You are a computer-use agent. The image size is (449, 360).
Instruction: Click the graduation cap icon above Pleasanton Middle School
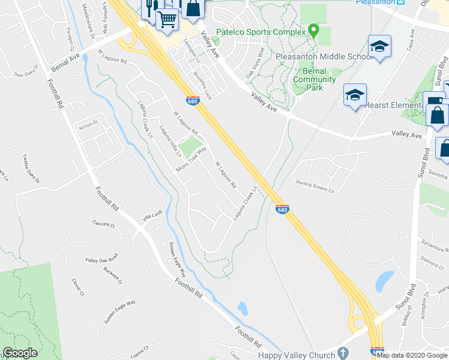379,47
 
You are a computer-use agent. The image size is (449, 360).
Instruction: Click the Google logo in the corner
20,353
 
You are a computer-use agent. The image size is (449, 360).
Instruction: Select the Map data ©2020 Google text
412,355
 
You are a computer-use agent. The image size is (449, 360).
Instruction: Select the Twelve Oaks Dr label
31,171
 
